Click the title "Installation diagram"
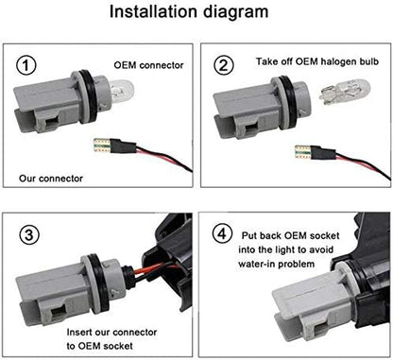click(x=189, y=12)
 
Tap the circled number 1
click(x=26, y=65)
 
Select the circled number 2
click(x=224, y=65)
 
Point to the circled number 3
click(x=29, y=235)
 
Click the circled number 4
click(x=223, y=234)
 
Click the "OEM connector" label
click(x=148, y=65)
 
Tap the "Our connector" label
click(x=51, y=179)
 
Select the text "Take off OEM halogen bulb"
click(x=317, y=61)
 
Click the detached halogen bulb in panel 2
click(x=345, y=92)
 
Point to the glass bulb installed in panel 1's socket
click(x=120, y=92)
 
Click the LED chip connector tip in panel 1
click(x=102, y=146)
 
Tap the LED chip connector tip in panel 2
click(x=303, y=152)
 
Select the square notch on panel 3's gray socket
click(x=58, y=314)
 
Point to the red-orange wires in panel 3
click(x=152, y=270)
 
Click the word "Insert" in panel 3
click(x=78, y=333)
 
